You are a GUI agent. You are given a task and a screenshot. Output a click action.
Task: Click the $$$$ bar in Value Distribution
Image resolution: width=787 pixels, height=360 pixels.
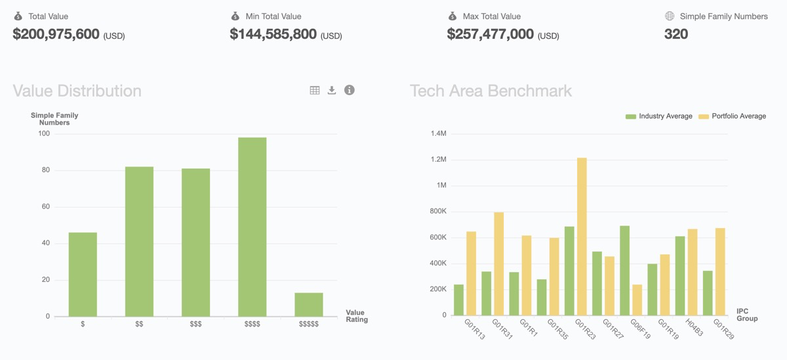[x=252, y=227]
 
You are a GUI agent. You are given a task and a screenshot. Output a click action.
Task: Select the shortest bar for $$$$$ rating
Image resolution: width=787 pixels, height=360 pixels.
[x=308, y=305]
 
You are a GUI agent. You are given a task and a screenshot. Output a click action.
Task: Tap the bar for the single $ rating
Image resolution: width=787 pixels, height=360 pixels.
[x=83, y=275]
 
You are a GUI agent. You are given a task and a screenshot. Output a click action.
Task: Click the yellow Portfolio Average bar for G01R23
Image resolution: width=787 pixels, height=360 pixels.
[x=582, y=237]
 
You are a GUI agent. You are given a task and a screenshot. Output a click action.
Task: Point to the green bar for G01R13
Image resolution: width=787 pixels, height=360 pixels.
[x=458, y=300]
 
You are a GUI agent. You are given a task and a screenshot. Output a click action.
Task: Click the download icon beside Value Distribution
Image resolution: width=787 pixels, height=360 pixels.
[x=332, y=90]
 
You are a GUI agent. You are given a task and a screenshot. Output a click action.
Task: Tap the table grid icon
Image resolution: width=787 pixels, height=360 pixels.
[x=315, y=90]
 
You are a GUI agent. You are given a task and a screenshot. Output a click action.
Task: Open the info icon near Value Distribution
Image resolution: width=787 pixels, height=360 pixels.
[x=350, y=90]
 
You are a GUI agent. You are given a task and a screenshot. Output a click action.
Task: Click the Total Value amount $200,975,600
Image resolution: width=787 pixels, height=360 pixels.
[x=56, y=34]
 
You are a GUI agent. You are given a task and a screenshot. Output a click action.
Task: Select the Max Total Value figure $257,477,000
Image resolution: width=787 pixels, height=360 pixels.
[x=491, y=34]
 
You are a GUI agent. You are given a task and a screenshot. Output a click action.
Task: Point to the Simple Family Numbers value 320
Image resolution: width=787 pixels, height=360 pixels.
[x=676, y=34]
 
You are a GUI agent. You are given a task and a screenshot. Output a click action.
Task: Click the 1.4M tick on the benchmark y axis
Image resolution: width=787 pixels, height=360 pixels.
[x=438, y=134]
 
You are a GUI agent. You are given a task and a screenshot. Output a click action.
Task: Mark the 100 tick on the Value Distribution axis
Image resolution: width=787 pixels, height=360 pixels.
[x=44, y=134]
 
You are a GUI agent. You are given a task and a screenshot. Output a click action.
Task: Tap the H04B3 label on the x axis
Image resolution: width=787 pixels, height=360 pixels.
[x=694, y=328]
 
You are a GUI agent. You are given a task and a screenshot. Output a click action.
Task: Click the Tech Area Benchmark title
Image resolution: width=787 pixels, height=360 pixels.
[x=491, y=90]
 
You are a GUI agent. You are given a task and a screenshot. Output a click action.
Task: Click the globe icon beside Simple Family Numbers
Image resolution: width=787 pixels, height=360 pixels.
[x=670, y=16]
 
